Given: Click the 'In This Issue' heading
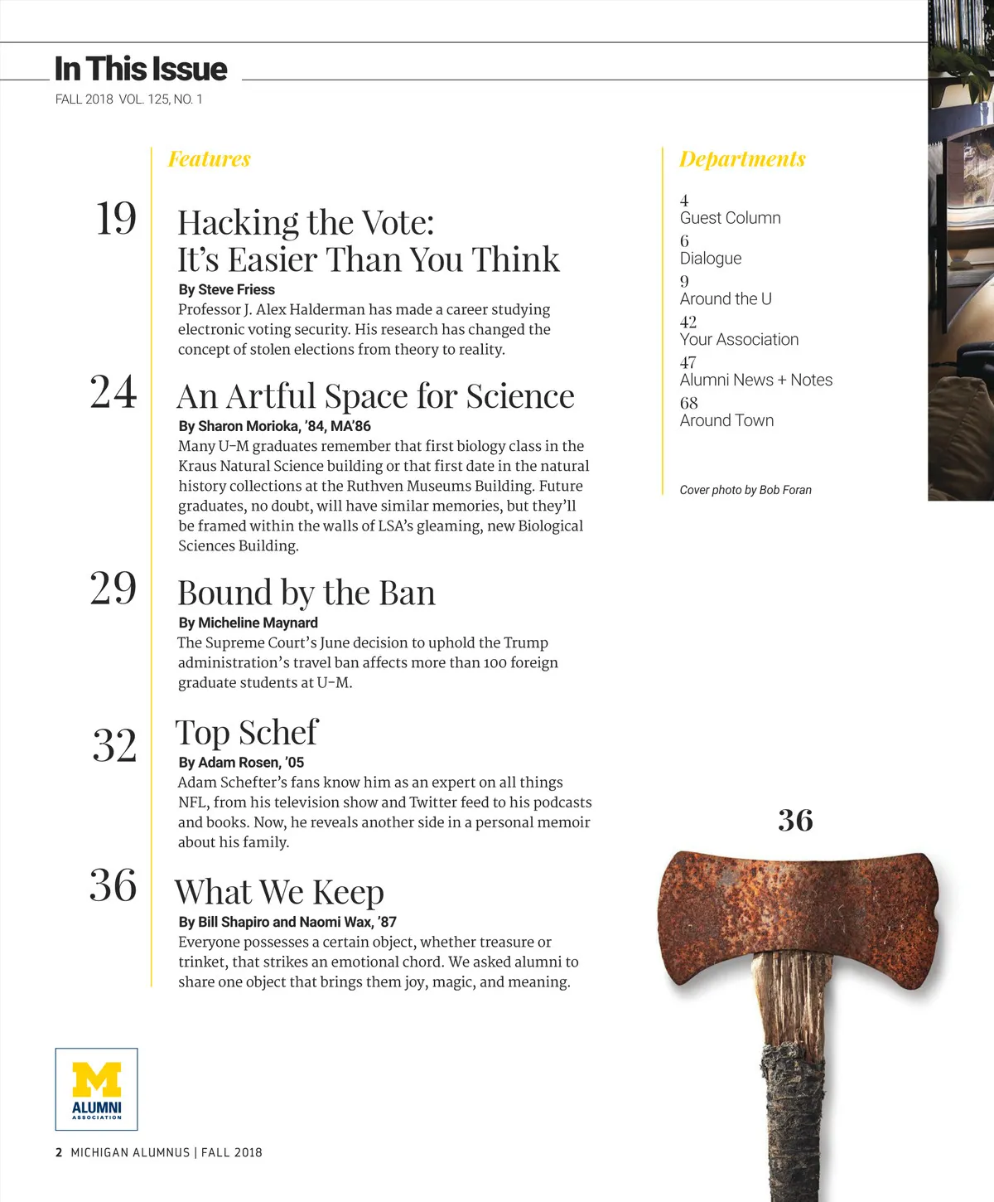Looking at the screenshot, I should click(141, 69).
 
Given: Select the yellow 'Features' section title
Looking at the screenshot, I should click(209, 158).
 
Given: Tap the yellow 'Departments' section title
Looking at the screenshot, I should click(742, 158).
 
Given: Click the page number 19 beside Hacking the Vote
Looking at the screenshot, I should click(116, 219).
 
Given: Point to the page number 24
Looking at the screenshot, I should click(113, 392).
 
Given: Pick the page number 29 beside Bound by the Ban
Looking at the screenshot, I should click(113, 589).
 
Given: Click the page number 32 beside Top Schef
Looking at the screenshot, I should click(114, 745).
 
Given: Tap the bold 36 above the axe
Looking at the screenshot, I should click(795, 821).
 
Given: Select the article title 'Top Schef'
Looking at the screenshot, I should click(247, 733).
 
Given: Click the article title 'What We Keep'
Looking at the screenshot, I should click(279, 892).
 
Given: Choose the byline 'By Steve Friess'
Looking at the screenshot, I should click(226, 289).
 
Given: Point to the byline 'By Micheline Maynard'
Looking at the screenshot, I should click(248, 623).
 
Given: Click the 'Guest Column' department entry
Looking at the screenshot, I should click(730, 218).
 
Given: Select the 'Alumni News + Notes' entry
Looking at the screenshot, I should click(755, 380).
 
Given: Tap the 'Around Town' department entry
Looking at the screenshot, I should click(726, 420).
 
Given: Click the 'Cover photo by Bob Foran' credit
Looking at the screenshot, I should click(745, 490).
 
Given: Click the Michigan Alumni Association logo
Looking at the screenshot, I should click(97, 1089).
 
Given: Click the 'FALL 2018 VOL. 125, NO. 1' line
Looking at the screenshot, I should click(128, 99).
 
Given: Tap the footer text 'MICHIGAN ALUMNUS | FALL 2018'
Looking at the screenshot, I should click(166, 1152).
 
